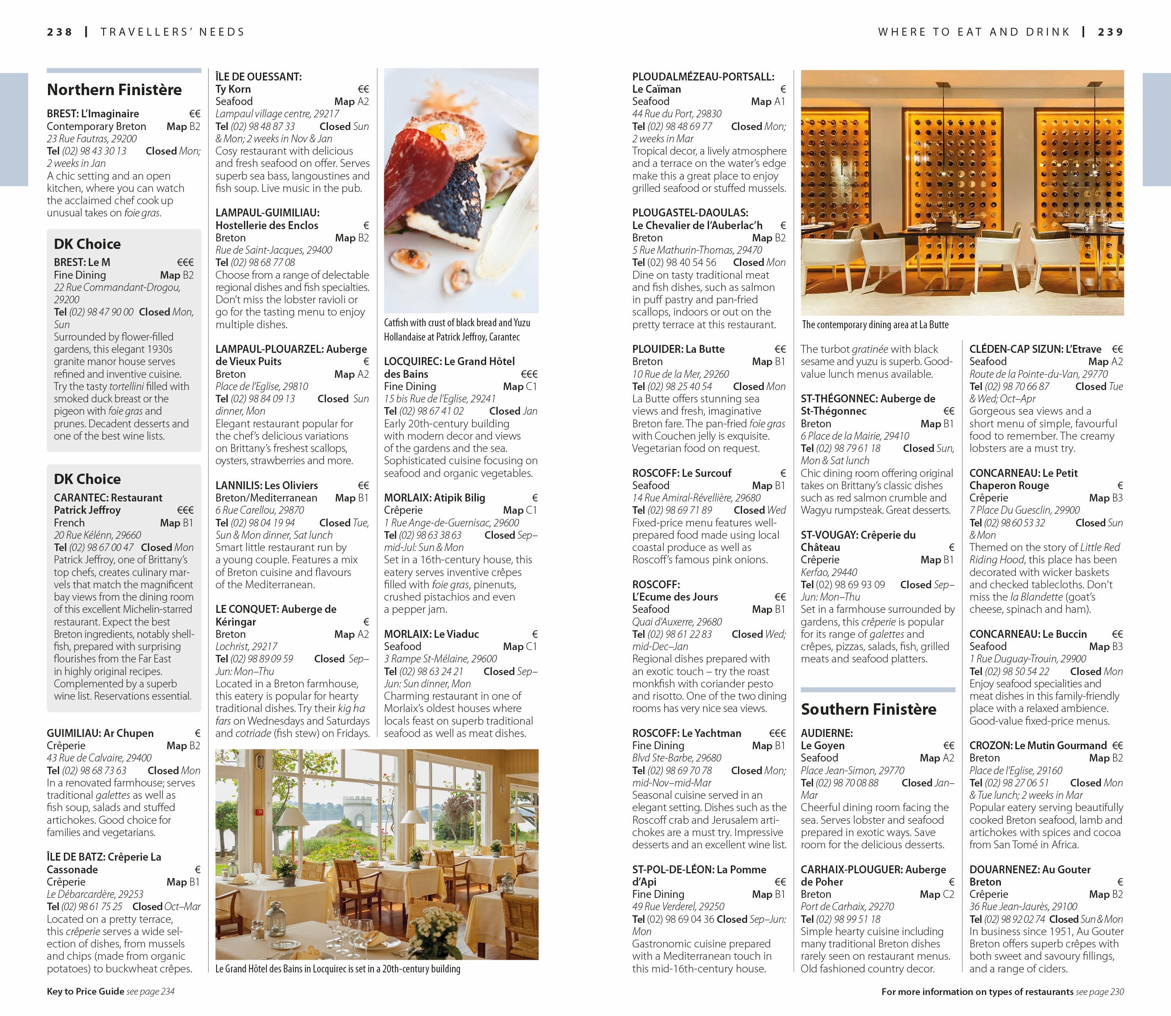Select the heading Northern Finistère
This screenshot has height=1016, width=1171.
(114, 90)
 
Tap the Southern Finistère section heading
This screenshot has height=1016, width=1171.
(868, 709)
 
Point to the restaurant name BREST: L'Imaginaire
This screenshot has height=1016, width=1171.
(93, 114)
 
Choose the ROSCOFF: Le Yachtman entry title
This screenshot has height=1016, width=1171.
(686, 733)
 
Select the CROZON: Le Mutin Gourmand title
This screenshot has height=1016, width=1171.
(1038, 746)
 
